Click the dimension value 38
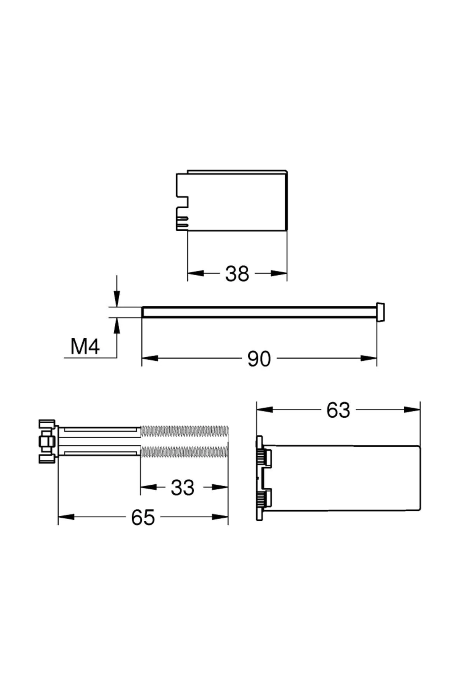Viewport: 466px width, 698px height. pos(237,274)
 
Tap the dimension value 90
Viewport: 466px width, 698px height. pos(259,359)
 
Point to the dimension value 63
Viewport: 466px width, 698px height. pos(338,410)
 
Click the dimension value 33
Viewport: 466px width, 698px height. pos(183,488)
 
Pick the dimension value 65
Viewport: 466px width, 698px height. pos(143,517)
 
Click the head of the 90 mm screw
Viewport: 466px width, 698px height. pos(381,312)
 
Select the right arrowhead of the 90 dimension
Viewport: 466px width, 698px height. pos(369,358)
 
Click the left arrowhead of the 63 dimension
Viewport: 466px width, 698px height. pos(264,409)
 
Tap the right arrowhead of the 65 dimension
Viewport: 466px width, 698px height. pos(220,517)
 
